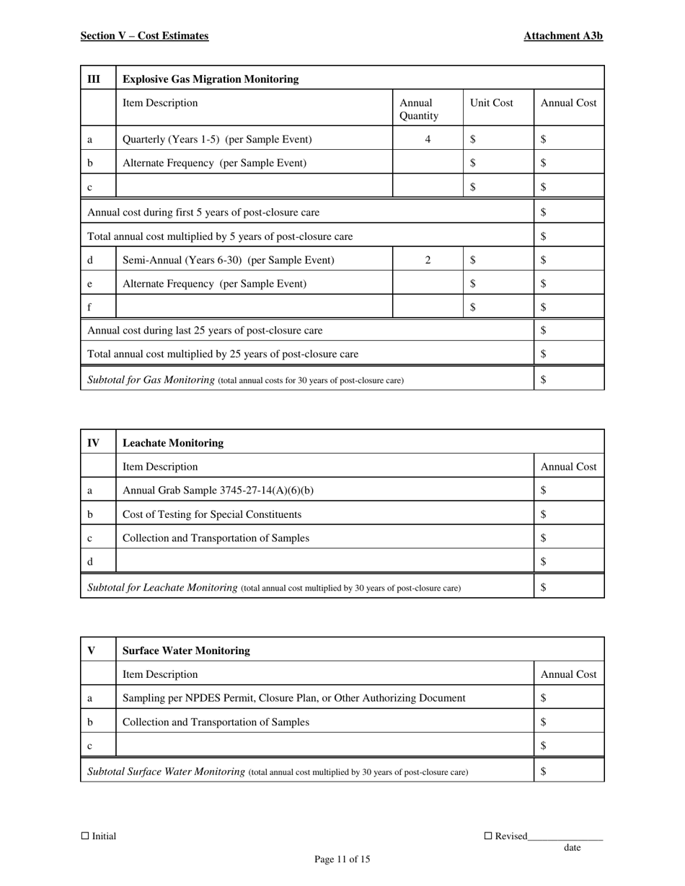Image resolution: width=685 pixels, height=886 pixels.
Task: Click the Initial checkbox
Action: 85,836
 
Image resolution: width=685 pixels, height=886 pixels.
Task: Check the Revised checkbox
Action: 487,836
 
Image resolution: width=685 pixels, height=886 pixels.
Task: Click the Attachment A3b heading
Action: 563,36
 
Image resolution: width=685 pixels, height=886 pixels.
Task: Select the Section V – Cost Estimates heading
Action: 144,36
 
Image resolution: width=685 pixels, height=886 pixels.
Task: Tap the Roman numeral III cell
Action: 94,79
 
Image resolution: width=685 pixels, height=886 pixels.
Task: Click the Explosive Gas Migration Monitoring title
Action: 211,79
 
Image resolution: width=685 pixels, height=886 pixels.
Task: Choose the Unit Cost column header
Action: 491,103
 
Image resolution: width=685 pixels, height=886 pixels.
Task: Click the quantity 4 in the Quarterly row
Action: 428,140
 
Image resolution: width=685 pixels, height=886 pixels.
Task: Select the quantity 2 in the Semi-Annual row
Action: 428,260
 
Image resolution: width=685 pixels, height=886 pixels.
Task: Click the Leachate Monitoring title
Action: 173,443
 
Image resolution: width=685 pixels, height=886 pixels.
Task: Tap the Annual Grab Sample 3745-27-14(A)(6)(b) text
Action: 218,491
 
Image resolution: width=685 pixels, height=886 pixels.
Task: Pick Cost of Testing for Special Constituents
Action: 212,514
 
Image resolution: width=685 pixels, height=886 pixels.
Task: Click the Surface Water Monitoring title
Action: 187,650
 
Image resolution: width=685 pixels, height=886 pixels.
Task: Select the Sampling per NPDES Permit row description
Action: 294,698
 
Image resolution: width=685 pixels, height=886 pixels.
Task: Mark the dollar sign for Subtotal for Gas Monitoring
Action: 544,380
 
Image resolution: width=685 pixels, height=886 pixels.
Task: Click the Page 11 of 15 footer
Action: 342,859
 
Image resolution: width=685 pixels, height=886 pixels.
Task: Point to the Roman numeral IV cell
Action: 94,443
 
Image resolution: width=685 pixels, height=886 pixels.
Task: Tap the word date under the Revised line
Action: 572,848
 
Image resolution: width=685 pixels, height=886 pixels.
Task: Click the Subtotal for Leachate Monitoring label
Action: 162,588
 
